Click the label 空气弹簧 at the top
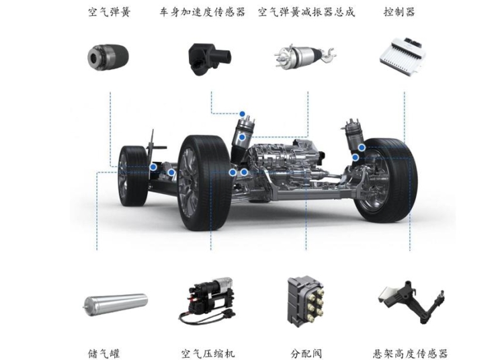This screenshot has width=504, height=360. tap(110, 12)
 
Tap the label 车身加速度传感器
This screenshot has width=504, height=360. tap(202, 12)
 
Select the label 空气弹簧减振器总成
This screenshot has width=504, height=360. tap(306, 12)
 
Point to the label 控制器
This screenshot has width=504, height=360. tap(400, 12)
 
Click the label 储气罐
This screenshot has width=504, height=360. tap(103, 353)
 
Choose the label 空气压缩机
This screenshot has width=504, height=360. tap(208, 353)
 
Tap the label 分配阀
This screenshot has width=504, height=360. tap(306, 353)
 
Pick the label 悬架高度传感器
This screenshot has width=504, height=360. tap(410, 353)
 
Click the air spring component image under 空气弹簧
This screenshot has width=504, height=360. tap(108, 57)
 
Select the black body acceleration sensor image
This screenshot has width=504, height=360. tap(209, 59)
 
